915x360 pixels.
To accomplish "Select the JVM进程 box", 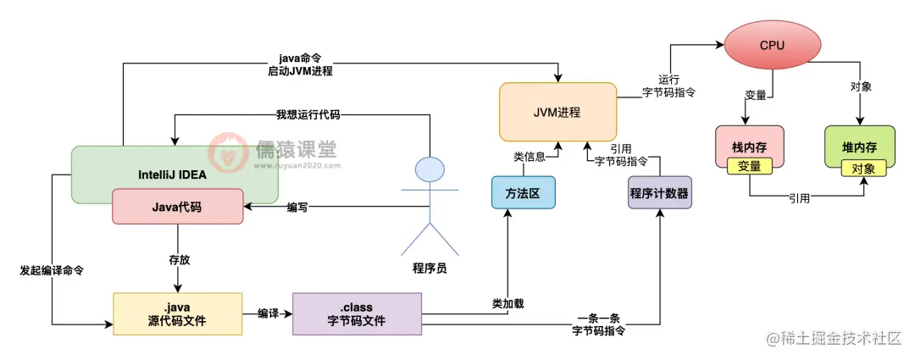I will pos(557,111).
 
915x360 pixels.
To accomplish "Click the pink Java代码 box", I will pos(177,207).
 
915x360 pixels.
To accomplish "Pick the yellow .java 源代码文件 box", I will pos(177,314).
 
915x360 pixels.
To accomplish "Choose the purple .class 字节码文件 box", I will pos(356,314).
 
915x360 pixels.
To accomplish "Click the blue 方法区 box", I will pos(523,193).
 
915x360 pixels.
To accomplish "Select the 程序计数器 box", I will pos(659,193).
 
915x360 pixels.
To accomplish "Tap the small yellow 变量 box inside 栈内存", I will pos(749,167).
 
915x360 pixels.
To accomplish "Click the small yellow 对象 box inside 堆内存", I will pos(863,168).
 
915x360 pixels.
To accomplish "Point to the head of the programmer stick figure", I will pos(430,170).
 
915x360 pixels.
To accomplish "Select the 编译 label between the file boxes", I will pos(269,313).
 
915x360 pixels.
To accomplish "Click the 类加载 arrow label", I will pos(508,302).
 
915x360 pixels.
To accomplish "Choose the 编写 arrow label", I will pos(297,207).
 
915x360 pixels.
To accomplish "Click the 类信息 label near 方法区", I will pos(530,157).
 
